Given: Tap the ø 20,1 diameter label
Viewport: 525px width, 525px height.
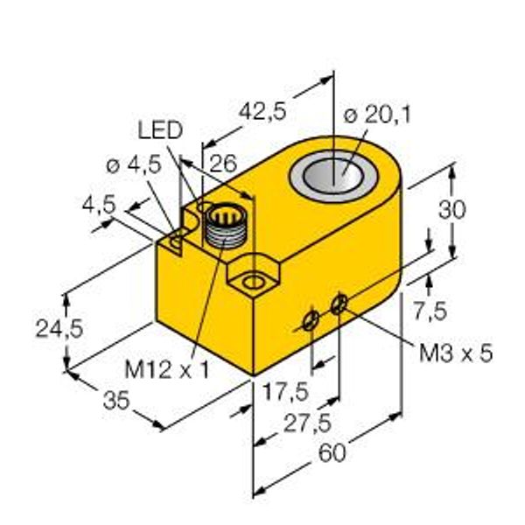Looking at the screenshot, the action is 377,115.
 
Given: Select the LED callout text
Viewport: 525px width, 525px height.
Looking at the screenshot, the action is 160,129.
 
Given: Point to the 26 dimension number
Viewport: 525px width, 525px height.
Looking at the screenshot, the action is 223,164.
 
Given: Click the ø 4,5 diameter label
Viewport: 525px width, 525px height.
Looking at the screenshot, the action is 134,165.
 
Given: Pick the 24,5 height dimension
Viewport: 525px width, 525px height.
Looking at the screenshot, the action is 59,329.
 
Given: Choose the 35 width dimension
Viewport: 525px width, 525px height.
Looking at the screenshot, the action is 116,401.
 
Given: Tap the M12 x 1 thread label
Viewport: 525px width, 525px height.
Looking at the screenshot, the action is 167,369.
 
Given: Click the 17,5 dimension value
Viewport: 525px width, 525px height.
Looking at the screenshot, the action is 285,392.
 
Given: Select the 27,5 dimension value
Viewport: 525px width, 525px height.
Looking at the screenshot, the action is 307,423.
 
